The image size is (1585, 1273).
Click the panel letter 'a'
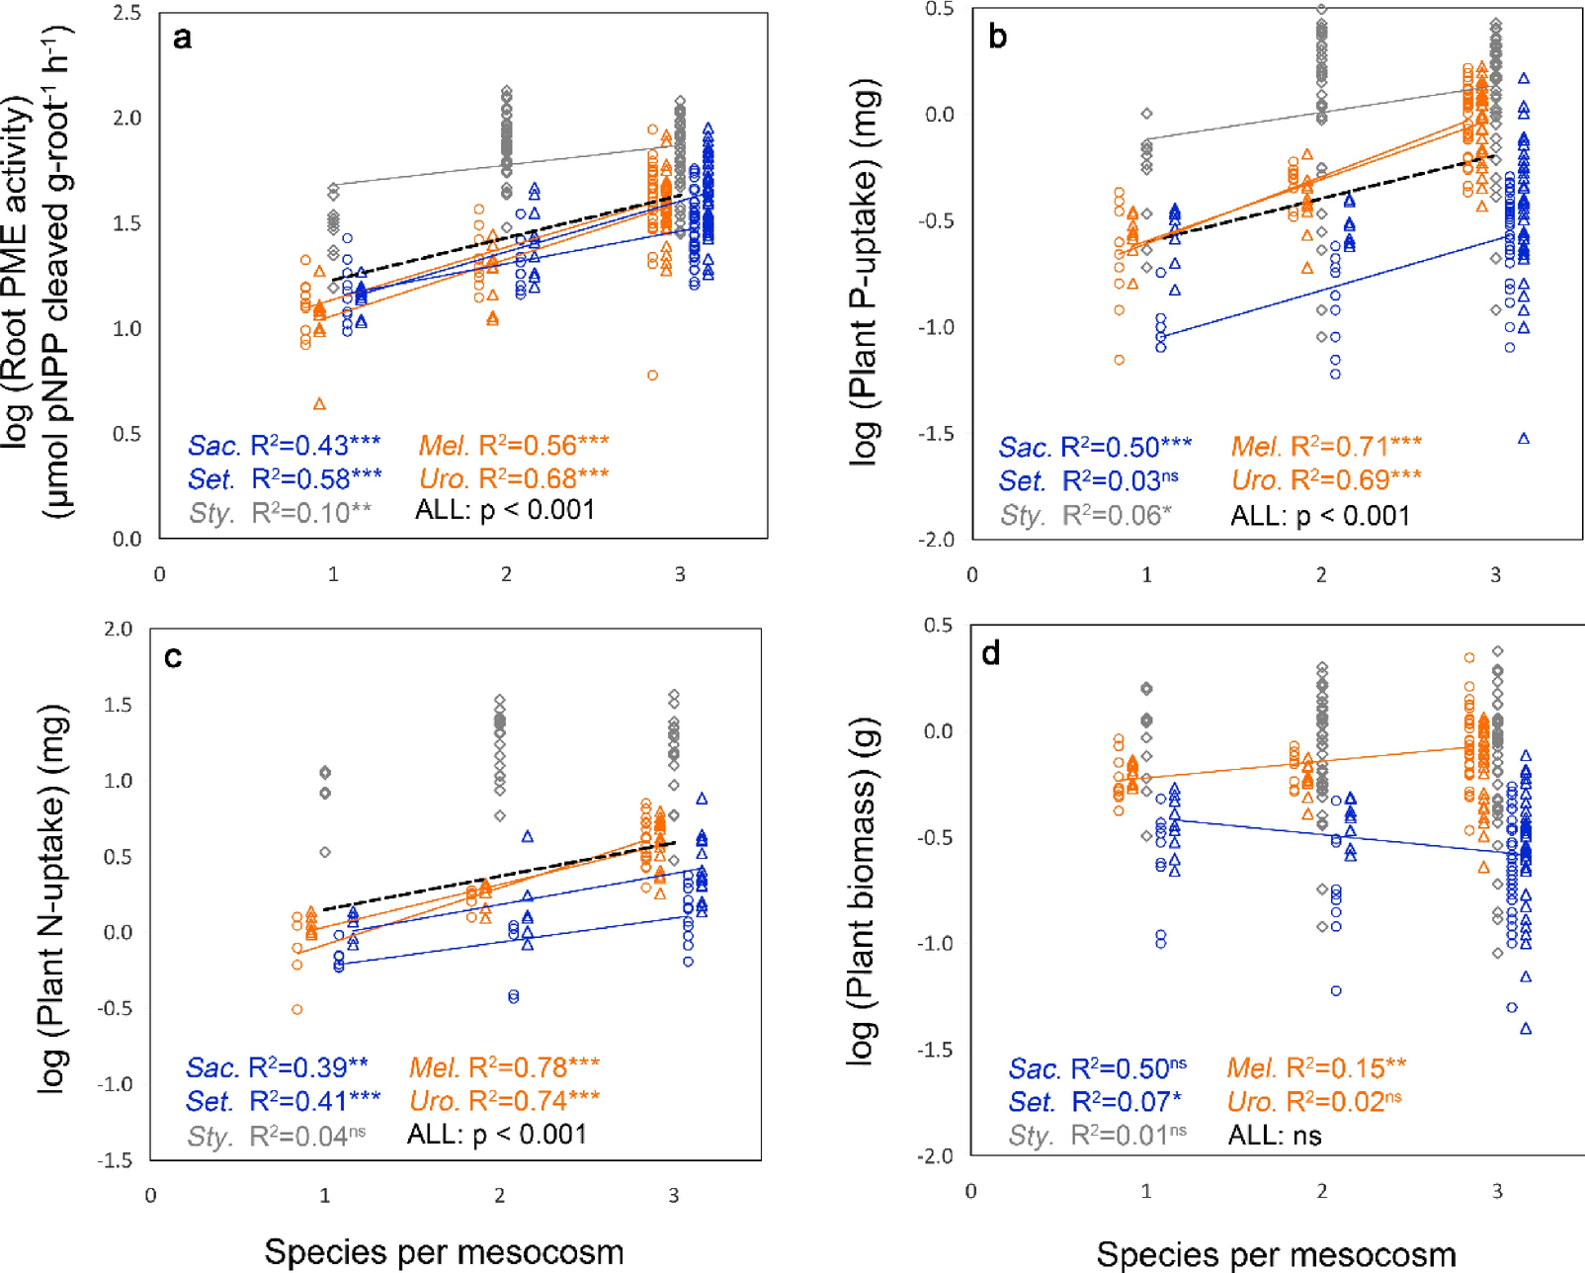[x=182, y=39]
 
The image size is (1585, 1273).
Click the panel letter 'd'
[x=990, y=654]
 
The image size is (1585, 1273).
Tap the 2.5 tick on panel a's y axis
[x=127, y=13]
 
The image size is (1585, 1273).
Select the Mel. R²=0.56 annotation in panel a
[x=513, y=446]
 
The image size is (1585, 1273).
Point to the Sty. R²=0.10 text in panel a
[x=280, y=512]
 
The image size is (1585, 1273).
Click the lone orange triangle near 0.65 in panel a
[x=319, y=404]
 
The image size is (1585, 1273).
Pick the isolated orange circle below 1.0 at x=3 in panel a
[x=652, y=376]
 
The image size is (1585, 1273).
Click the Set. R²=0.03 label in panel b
[x=1088, y=481]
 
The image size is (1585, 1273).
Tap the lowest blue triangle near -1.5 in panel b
[x=1524, y=439]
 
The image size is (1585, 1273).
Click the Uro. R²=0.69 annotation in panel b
[x=1326, y=481]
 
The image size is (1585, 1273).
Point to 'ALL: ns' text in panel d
[x=1274, y=1136]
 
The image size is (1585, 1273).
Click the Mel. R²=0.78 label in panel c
[x=504, y=1067]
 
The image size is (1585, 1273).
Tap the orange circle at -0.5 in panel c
[x=296, y=1010]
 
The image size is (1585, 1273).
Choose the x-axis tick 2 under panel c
[x=500, y=1195]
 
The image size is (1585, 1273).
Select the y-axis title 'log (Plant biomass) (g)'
[x=862, y=890]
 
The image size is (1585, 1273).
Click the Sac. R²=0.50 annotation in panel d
[x=1097, y=1068]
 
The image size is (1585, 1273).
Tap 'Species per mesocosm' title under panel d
[x=1276, y=1254]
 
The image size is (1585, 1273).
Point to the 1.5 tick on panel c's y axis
[x=119, y=705]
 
